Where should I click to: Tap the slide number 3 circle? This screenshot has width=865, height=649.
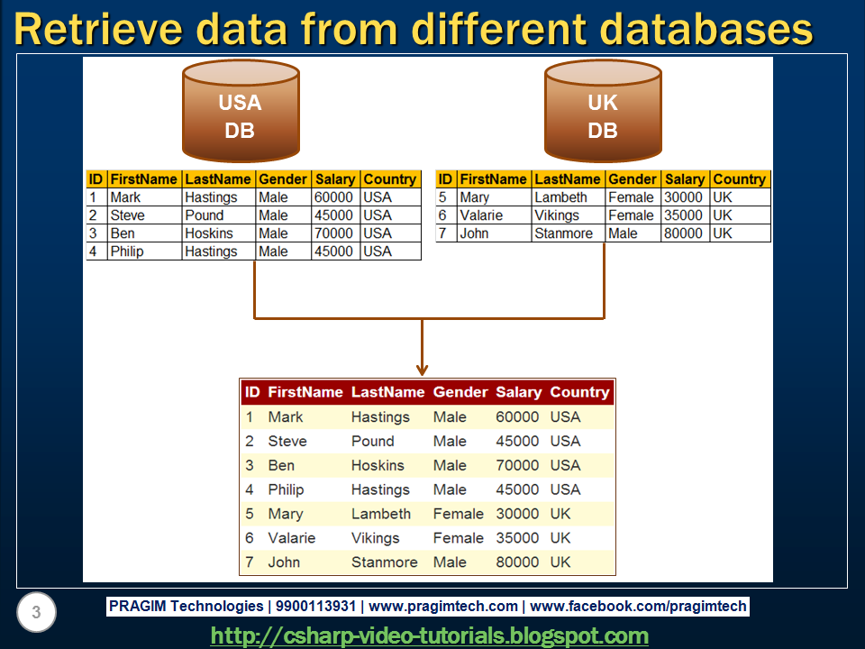(36, 614)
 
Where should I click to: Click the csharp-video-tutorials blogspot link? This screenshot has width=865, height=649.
(430, 635)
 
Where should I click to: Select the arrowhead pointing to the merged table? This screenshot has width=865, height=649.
(421, 368)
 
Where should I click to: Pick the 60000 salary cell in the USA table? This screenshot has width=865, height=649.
(333, 197)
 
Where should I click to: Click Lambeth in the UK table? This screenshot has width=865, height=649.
(560, 197)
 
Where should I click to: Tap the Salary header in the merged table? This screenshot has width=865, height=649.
(518, 392)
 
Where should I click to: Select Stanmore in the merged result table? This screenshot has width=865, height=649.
(385, 562)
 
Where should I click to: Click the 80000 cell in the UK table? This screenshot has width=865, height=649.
(683, 233)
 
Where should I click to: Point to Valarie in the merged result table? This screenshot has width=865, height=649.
(292, 538)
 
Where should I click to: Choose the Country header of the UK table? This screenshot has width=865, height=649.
(739, 179)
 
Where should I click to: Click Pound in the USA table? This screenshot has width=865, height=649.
(205, 215)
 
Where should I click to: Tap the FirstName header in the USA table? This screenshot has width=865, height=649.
(144, 179)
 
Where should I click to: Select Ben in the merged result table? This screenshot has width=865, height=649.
(281, 465)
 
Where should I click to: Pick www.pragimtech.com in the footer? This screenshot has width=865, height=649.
(443, 607)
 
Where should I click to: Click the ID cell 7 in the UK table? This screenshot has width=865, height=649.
(442, 233)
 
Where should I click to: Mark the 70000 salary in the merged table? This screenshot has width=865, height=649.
(517, 465)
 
